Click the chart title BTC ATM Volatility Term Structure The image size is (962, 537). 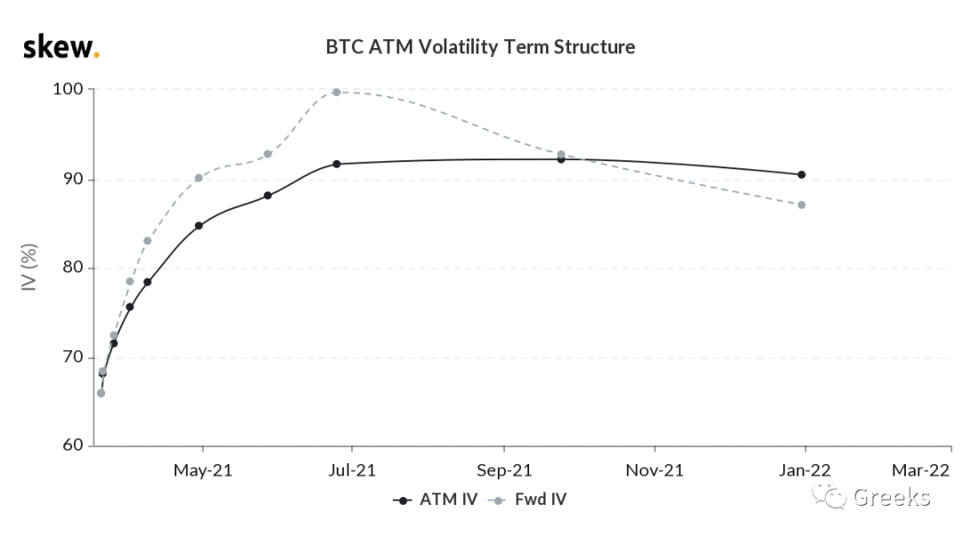pos(480,47)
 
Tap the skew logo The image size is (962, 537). pos(61,46)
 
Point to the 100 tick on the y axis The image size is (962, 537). pos(68,89)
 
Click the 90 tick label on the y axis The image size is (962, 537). pos(73,179)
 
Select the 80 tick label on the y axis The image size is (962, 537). pos(73,267)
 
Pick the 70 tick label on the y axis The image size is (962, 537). pos(73,356)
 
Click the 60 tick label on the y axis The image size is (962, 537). pos(73,445)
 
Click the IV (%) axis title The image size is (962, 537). pos(29,267)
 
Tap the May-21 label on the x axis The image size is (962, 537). pos(202,471)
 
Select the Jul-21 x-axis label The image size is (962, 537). pos(352,471)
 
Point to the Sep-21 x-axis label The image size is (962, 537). pos(504,471)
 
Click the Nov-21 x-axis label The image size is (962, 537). pos(655,471)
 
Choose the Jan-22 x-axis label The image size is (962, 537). pos(805,471)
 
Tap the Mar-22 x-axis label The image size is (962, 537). pos(920,471)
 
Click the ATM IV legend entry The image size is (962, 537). pos(435,500)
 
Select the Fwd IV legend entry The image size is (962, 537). pos(527,500)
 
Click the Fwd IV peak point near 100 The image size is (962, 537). pos(336,92)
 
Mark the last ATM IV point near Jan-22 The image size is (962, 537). pos(802,175)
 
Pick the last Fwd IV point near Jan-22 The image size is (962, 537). pos(802,205)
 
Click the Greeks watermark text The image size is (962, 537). pos(892,497)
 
